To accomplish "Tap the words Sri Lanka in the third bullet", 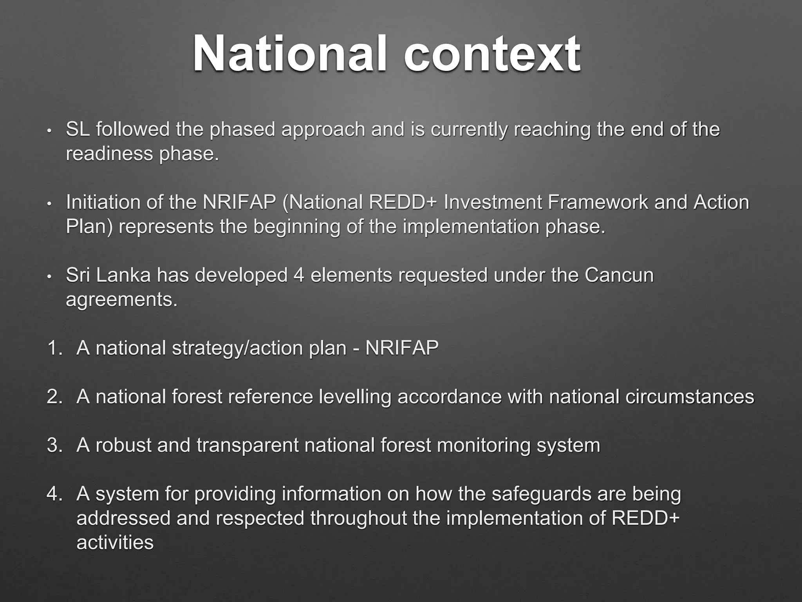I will tap(108, 275).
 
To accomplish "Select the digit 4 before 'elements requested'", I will tap(299, 275).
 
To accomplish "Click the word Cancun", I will tap(619, 275).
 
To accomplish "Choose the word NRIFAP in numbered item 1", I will tap(402, 348).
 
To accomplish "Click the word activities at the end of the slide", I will tap(115, 542).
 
